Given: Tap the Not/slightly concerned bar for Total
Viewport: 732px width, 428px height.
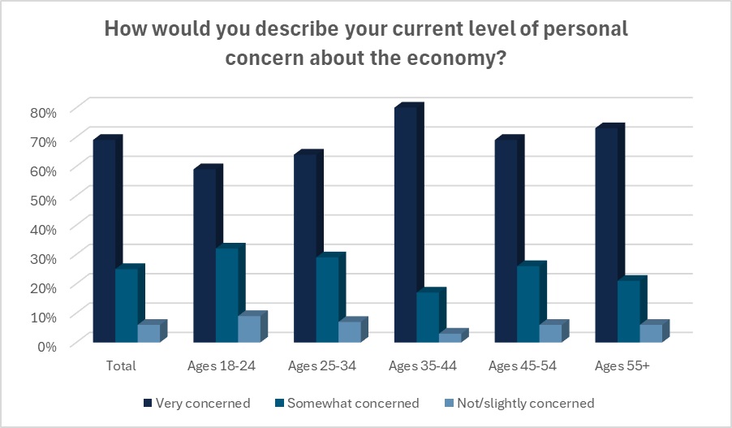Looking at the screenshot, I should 149,333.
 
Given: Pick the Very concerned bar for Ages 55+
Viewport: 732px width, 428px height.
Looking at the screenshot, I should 606,236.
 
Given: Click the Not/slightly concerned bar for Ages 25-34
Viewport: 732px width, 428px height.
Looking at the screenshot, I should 350,331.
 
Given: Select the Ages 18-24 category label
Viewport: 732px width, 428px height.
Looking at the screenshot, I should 222,366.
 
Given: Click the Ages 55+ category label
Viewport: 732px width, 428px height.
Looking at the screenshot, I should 622,366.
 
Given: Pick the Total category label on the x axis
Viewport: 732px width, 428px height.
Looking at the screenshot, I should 121,366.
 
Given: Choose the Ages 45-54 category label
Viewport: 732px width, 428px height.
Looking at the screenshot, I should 523,366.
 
